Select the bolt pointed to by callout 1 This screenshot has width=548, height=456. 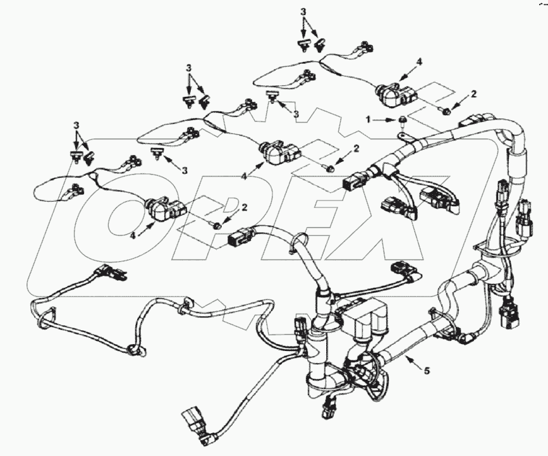click(403, 120)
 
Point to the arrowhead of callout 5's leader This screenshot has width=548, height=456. click(407, 359)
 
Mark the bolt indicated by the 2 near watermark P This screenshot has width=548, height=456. click(218, 225)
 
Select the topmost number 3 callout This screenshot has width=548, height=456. click(303, 12)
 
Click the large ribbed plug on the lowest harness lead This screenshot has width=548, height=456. click(193, 419)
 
